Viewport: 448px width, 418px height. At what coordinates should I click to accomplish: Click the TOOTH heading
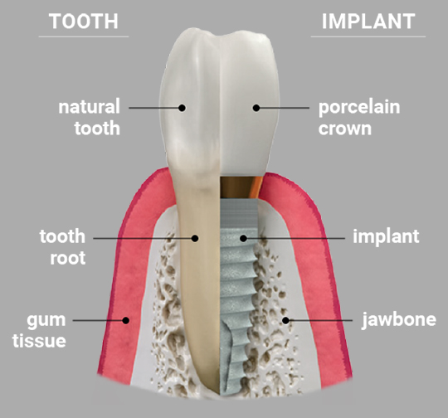[84, 22]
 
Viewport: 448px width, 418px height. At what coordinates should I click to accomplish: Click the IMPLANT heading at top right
[368, 22]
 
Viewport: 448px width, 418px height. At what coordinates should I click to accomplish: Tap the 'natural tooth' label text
[89, 117]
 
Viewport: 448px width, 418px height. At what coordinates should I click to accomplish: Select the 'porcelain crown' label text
[359, 118]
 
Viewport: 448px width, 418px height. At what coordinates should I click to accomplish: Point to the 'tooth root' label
[62, 247]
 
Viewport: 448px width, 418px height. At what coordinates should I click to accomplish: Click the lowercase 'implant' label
[386, 237]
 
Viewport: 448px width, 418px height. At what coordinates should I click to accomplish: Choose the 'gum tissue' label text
[39, 331]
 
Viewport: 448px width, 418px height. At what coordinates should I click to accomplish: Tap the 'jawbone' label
[399, 320]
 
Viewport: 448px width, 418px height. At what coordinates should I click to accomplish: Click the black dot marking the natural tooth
[182, 108]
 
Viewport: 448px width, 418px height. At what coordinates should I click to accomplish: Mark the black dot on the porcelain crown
[256, 108]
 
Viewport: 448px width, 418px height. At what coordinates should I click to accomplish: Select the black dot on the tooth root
[195, 238]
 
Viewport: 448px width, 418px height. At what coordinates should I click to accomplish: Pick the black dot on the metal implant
[243, 238]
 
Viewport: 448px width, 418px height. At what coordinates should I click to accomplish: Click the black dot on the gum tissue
[125, 320]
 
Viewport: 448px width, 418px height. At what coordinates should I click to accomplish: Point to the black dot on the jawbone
[285, 320]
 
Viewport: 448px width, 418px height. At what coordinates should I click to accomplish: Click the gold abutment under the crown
[241, 187]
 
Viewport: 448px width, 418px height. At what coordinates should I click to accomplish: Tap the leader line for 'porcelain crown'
[283, 108]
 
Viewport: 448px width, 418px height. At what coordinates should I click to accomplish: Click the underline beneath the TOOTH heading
[84, 36]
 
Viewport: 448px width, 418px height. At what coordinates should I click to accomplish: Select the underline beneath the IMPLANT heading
[368, 36]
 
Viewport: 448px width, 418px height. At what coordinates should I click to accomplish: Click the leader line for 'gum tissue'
[100, 320]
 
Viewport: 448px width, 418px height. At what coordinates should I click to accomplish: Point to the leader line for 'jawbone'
[319, 320]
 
